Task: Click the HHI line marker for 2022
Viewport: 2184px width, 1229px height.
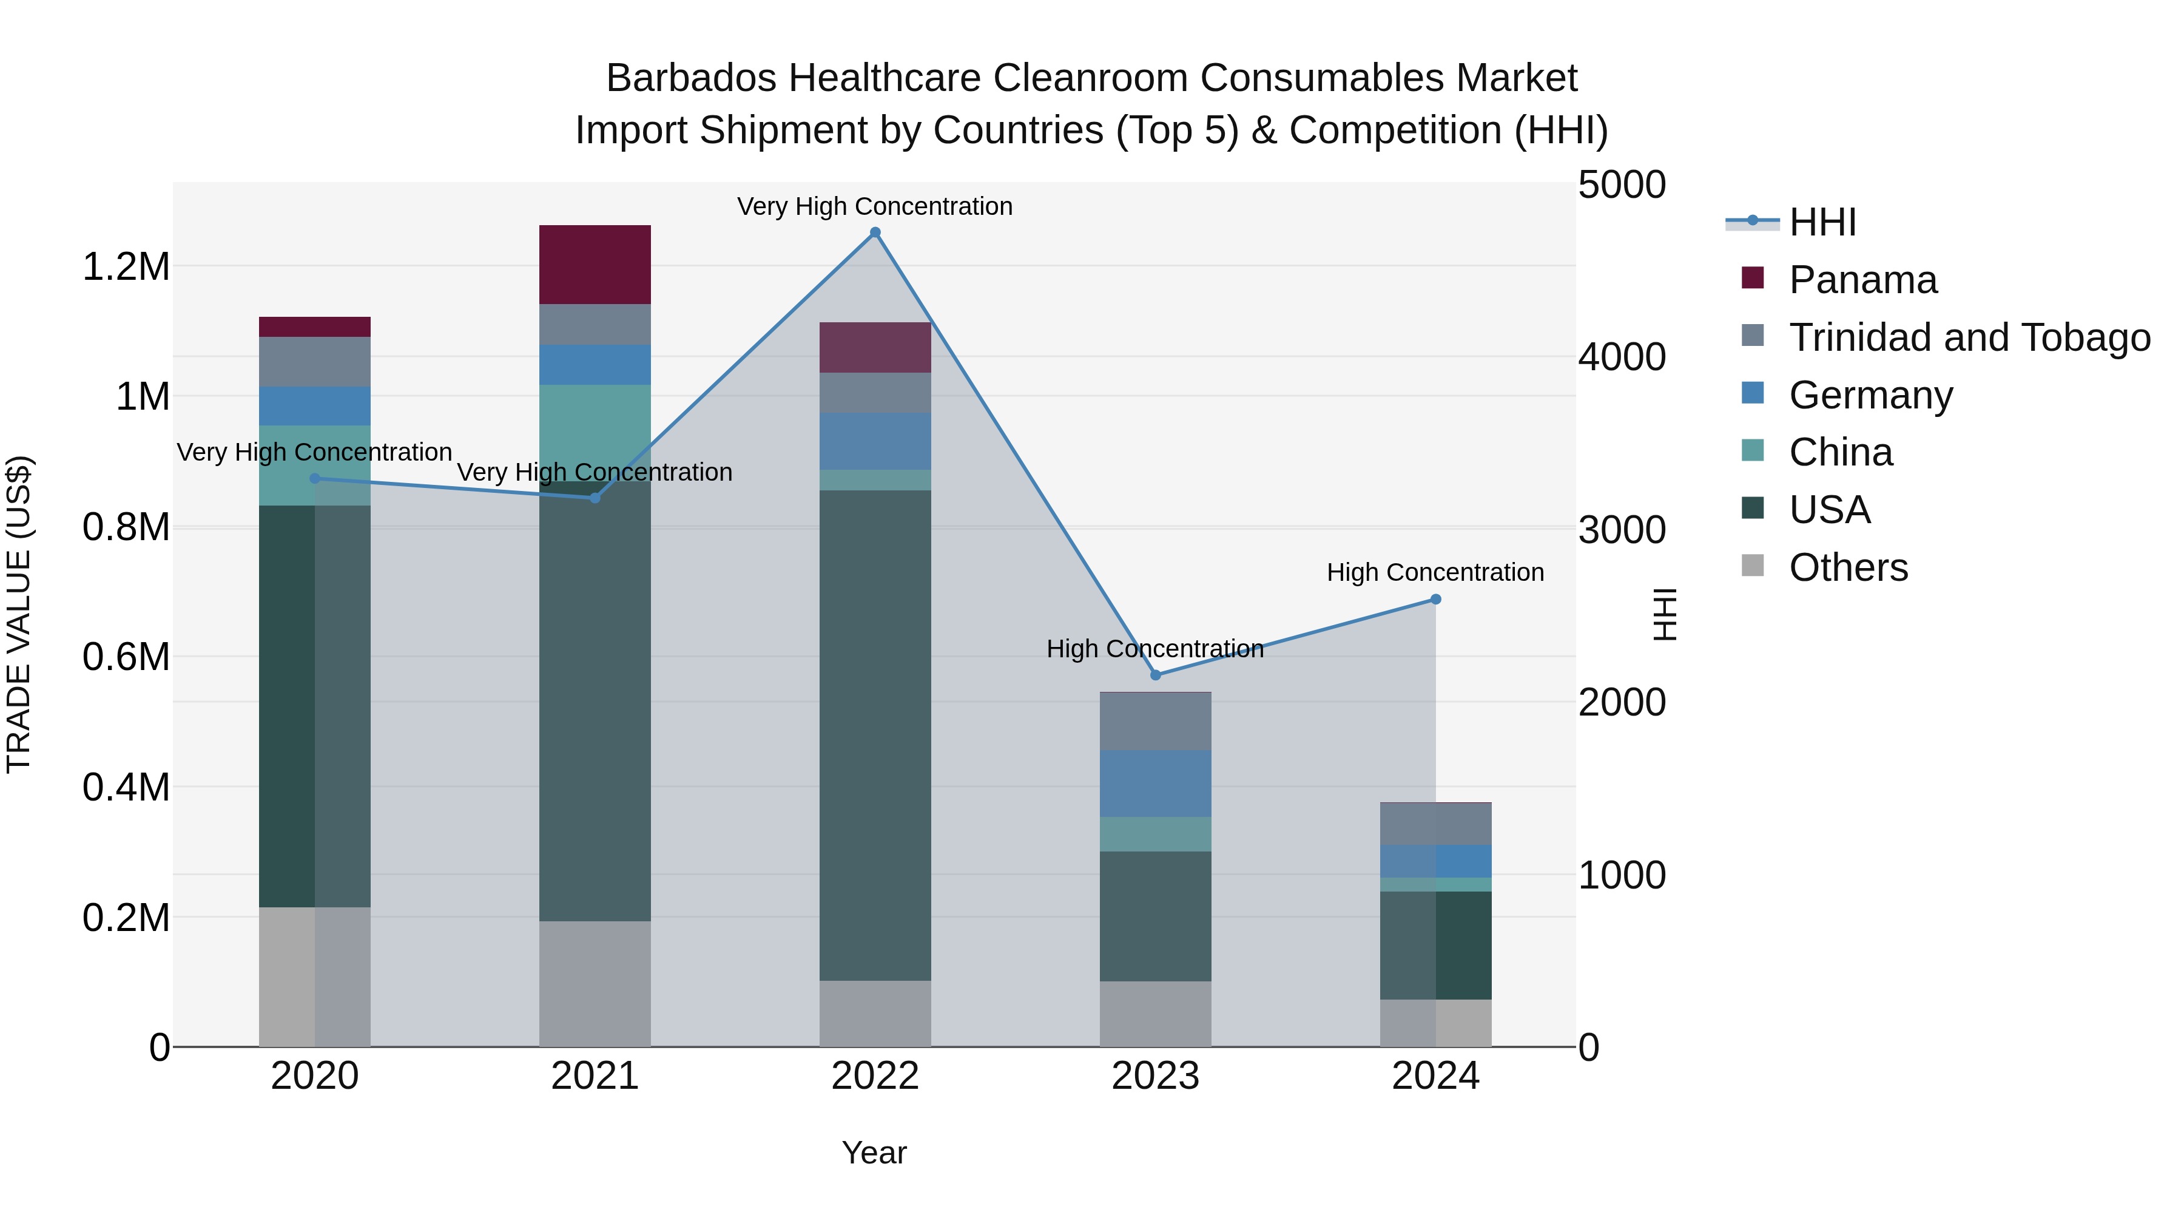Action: pyautogui.click(x=875, y=232)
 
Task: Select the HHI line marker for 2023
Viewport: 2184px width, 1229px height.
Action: pyautogui.click(x=1156, y=675)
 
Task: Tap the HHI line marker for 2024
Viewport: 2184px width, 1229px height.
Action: pyautogui.click(x=1435, y=600)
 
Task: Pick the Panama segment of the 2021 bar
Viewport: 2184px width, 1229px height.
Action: pyautogui.click(x=595, y=265)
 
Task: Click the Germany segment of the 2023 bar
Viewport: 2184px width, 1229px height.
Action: pyautogui.click(x=1156, y=784)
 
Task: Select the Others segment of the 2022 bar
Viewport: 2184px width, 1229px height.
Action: pyautogui.click(x=875, y=1014)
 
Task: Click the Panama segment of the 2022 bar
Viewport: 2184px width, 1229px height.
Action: pyautogui.click(x=875, y=348)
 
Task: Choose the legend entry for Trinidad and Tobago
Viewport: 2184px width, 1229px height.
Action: pyautogui.click(x=1969, y=337)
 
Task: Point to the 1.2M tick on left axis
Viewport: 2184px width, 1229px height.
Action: pyautogui.click(x=126, y=267)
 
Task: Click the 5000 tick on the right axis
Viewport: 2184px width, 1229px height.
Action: pyautogui.click(x=1621, y=186)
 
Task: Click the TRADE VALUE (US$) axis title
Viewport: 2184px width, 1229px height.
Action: pyautogui.click(x=19, y=614)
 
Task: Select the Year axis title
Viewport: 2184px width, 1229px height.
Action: pyautogui.click(x=874, y=1153)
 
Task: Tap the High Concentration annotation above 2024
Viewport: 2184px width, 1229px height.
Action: pyautogui.click(x=1435, y=572)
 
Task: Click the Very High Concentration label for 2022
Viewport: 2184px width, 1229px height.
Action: pyautogui.click(x=874, y=207)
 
